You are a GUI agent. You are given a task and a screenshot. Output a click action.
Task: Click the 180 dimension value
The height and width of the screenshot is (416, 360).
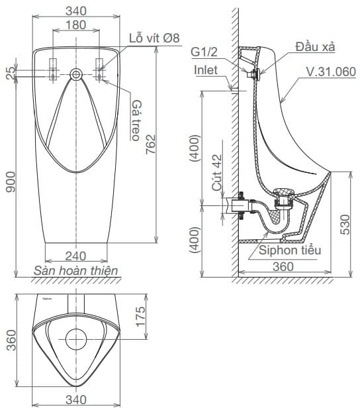tap(77, 25)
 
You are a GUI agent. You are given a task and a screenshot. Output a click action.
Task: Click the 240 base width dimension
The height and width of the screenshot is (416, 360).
tap(77, 254)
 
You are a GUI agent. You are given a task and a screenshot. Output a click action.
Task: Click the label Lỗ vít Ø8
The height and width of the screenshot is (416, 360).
tap(154, 38)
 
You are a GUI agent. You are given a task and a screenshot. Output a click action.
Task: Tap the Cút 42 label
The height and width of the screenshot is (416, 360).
tap(216, 173)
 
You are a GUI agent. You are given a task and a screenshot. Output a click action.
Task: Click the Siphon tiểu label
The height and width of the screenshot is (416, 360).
tap(289, 250)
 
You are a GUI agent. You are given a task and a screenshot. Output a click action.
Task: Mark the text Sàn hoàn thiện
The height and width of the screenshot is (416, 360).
tap(75, 270)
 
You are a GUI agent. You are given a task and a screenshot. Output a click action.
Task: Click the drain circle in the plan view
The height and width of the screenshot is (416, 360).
tap(77, 338)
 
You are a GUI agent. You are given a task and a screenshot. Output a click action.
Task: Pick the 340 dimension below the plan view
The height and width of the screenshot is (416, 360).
tap(77, 399)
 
